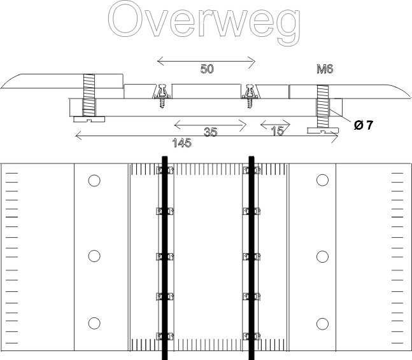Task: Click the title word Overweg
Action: tap(204, 23)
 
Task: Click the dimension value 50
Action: tap(207, 69)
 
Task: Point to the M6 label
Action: tap(325, 69)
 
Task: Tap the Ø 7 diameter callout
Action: tap(364, 125)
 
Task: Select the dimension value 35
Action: tap(211, 132)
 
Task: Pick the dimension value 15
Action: tap(278, 131)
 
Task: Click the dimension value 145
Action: tap(182, 143)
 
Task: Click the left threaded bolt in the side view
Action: tap(89, 95)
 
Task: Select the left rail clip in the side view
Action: tap(162, 95)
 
